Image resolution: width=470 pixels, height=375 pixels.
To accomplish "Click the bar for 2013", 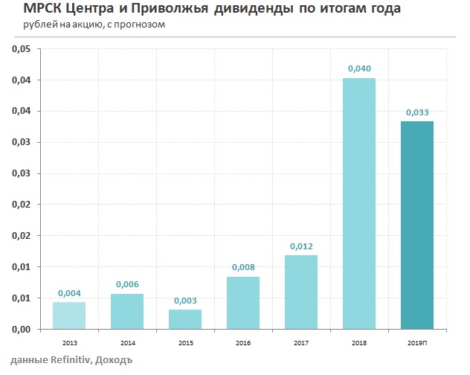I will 68,315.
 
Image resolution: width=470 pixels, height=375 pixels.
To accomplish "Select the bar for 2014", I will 126,311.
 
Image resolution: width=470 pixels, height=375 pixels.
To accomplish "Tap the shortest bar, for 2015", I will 184,319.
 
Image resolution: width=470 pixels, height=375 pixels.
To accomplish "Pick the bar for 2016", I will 242,303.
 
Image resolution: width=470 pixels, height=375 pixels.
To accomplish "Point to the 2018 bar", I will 358,203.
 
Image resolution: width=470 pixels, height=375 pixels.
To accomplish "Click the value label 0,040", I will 358,68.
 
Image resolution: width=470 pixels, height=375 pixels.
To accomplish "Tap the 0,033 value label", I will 416,112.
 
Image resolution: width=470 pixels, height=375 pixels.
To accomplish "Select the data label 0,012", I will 300,246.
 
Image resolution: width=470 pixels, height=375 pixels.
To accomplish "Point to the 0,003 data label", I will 184,301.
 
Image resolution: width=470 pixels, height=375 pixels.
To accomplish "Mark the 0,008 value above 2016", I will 242,267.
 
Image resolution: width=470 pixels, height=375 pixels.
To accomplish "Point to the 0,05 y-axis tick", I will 21,49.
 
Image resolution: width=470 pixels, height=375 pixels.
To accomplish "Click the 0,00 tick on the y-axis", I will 21,329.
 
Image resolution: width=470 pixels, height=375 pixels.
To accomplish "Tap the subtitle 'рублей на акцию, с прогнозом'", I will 94,25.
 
